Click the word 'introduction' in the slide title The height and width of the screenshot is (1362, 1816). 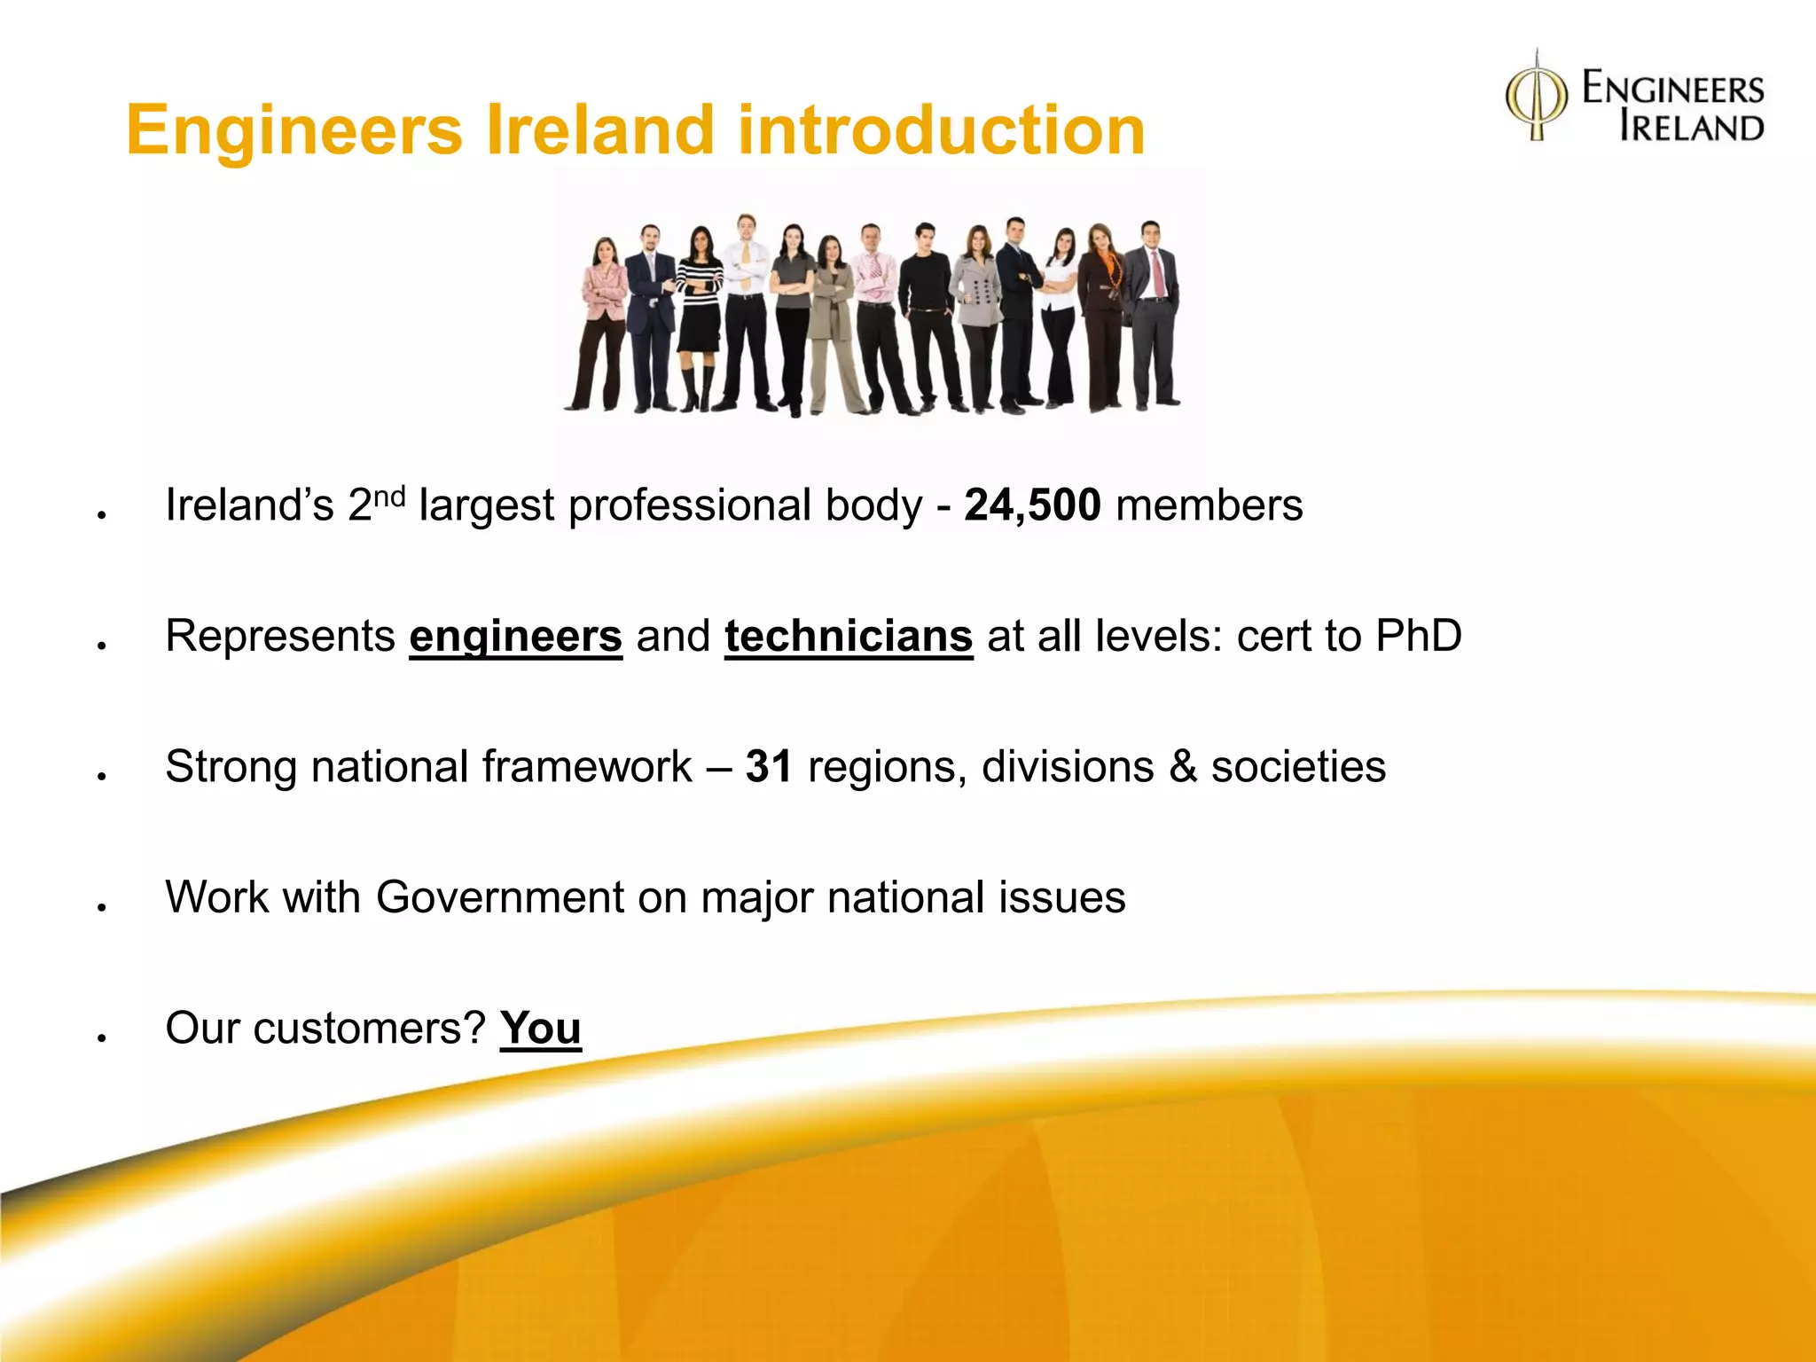(x=941, y=130)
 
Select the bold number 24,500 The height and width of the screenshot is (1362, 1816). (x=1032, y=505)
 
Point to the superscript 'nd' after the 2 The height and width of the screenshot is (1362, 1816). (x=389, y=497)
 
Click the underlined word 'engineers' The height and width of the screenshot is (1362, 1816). (x=515, y=637)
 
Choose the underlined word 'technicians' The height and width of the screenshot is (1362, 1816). (x=849, y=637)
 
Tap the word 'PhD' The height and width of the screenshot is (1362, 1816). (x=1418, y=636)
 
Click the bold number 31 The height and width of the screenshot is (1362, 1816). (x=768, y=766)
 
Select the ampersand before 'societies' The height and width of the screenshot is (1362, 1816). (x=1183, y=767)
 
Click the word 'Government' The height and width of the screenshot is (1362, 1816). (x=499, y=897)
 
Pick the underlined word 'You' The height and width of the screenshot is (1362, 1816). (x=540, y=1029)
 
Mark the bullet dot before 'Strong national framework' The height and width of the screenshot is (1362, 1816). (x=103, y=776)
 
